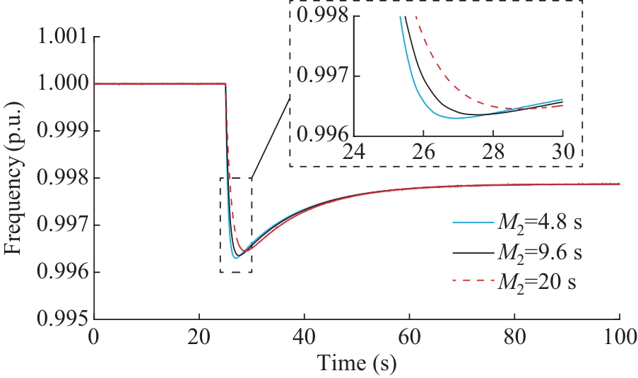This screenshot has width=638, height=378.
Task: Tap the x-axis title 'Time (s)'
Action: click(x=357, y=364)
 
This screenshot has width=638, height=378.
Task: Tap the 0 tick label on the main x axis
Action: click(x=94, y=338)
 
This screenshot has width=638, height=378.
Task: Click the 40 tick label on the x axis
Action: click(x=304, y=338)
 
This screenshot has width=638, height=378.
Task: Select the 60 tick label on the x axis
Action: click(x=409, y=338)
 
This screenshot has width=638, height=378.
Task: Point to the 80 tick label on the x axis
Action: click(x=514, y=338)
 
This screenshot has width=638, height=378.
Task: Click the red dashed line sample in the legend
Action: click(x=471, y=282)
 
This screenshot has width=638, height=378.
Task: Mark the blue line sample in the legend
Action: click(x=471, y=225)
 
